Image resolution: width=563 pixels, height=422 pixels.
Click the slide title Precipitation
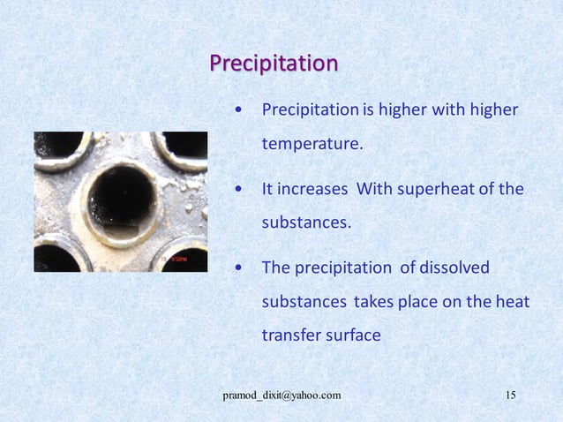click(x=274, y=64)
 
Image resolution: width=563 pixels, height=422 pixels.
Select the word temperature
click(x=311, y=143)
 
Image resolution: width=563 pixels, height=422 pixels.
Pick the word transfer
click(x=291, y=335)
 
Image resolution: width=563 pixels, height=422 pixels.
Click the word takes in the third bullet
click(x=372, y=302)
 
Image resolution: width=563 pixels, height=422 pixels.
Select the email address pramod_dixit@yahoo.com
click(x=281, y=395)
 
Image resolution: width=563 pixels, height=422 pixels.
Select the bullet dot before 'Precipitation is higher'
click(x=239, y=110)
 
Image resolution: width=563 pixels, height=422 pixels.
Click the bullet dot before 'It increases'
click(x=239, y=190)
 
